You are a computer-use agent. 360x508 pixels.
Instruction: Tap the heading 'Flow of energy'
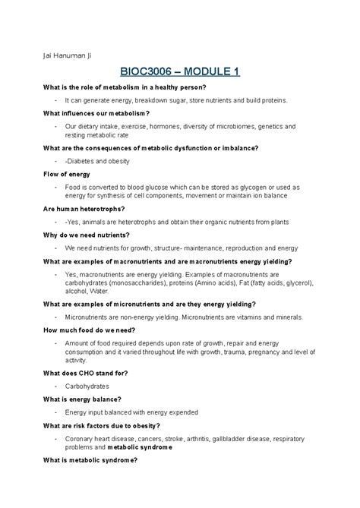67,174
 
